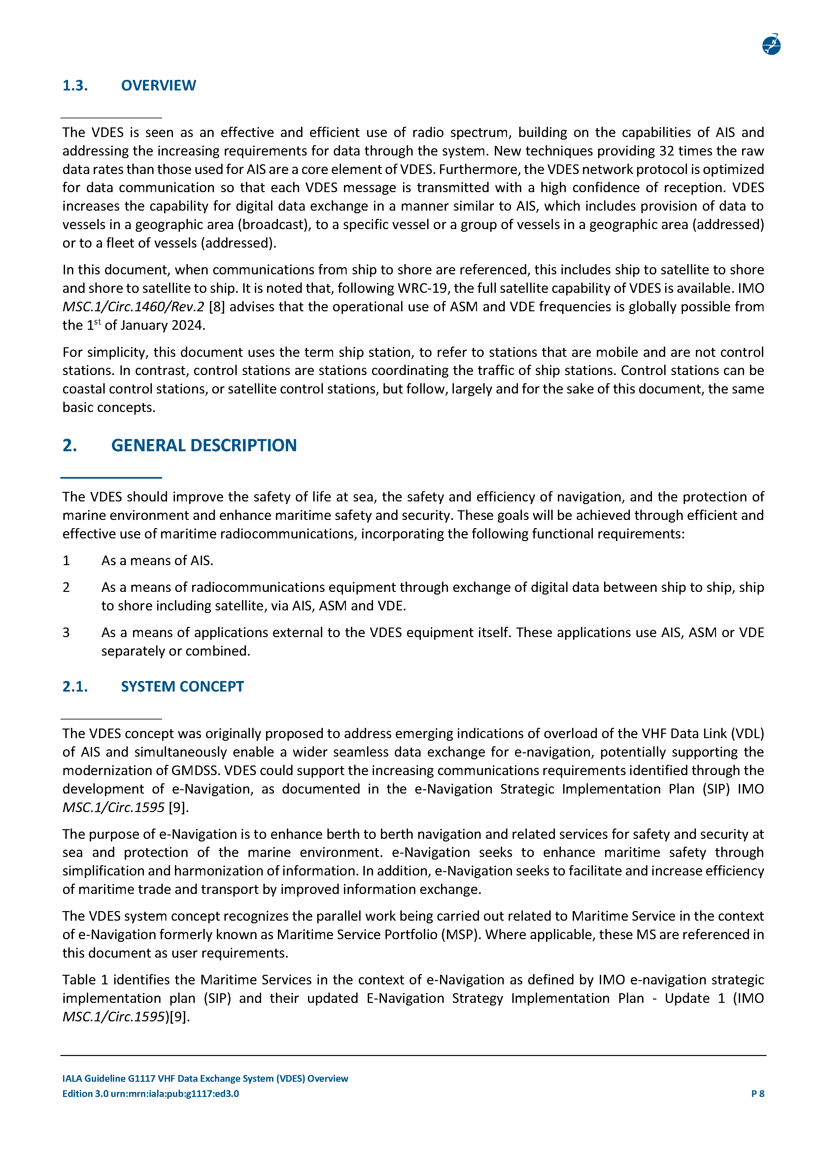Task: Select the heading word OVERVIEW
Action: [158, 86]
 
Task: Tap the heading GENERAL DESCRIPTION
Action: [204, 445]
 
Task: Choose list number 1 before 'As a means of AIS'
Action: [66, 561]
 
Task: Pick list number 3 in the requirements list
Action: [66, 632]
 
